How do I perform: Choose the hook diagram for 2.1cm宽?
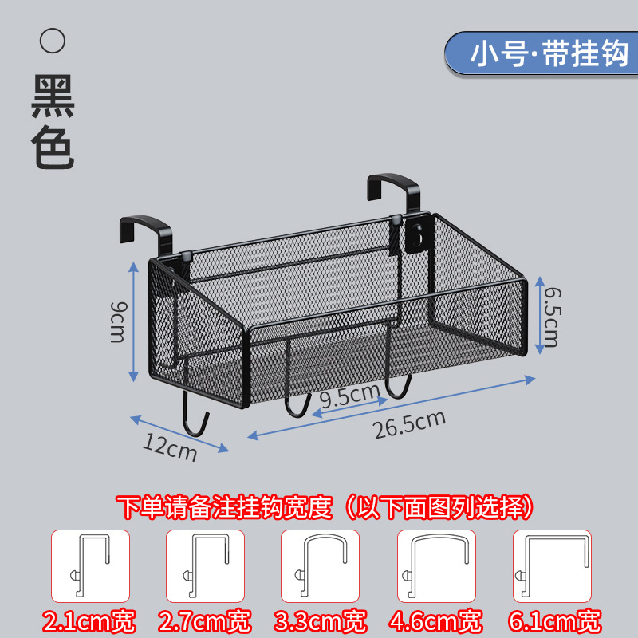[90, 565]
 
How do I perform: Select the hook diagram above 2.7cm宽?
[205, 565]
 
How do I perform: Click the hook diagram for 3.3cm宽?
[320, 565]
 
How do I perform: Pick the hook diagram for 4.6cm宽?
[436, 565]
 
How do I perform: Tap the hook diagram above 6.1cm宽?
[551, 565]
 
